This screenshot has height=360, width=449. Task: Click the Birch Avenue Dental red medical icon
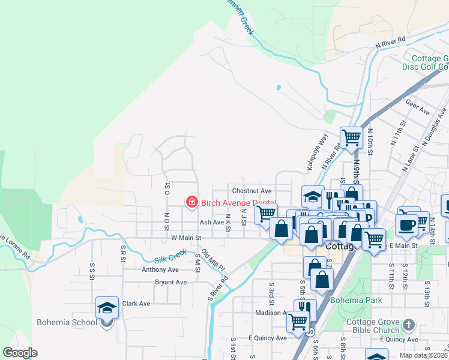coord(191,203)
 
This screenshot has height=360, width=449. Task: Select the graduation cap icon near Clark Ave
coord(107,309)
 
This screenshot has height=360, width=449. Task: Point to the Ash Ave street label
coord(211,222)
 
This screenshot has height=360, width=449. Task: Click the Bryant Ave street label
coord(167,282)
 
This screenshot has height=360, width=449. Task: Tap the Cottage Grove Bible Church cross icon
coord(409,325)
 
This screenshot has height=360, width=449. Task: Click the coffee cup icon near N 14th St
coord(406,224)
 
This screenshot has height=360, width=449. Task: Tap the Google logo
coord(20,353)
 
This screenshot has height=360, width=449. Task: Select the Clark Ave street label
coord(136,304)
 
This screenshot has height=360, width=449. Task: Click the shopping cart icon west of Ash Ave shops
coord(265,213)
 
